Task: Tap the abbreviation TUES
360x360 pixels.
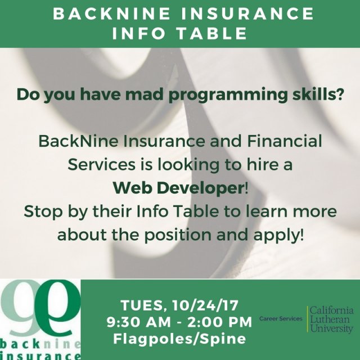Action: coord(143,306)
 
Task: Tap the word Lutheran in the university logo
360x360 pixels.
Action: coord(331,319)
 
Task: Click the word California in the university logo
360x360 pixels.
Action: coord(332,310)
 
